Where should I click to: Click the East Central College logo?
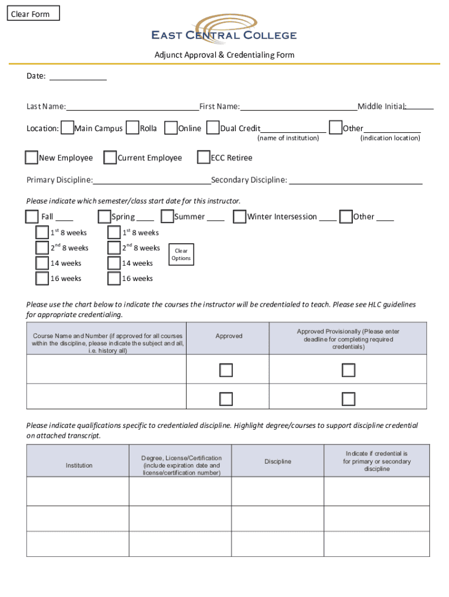tap(224, 30)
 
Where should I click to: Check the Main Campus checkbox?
tap(68, 128)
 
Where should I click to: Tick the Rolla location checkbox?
tap(133, 128)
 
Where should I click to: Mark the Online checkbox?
tap(171, 128)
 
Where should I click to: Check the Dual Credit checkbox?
tap(213, 128)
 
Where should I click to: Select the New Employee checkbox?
tap(31, 157)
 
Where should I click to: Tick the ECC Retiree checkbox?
tap(204, 157)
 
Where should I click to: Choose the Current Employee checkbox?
tap(110, 157)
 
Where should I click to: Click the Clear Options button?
tap(181, 255)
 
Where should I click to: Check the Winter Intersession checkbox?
tap(239, 216)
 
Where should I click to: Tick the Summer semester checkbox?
tap(167, 216)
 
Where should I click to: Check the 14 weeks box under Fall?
tap(42, 263)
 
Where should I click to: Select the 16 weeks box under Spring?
tap(114, 278)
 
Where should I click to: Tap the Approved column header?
tap(229, 336)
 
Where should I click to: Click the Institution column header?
tap(79, 465)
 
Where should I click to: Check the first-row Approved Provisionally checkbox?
tap(348, 370)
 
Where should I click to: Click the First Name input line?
tap(298, 106)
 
